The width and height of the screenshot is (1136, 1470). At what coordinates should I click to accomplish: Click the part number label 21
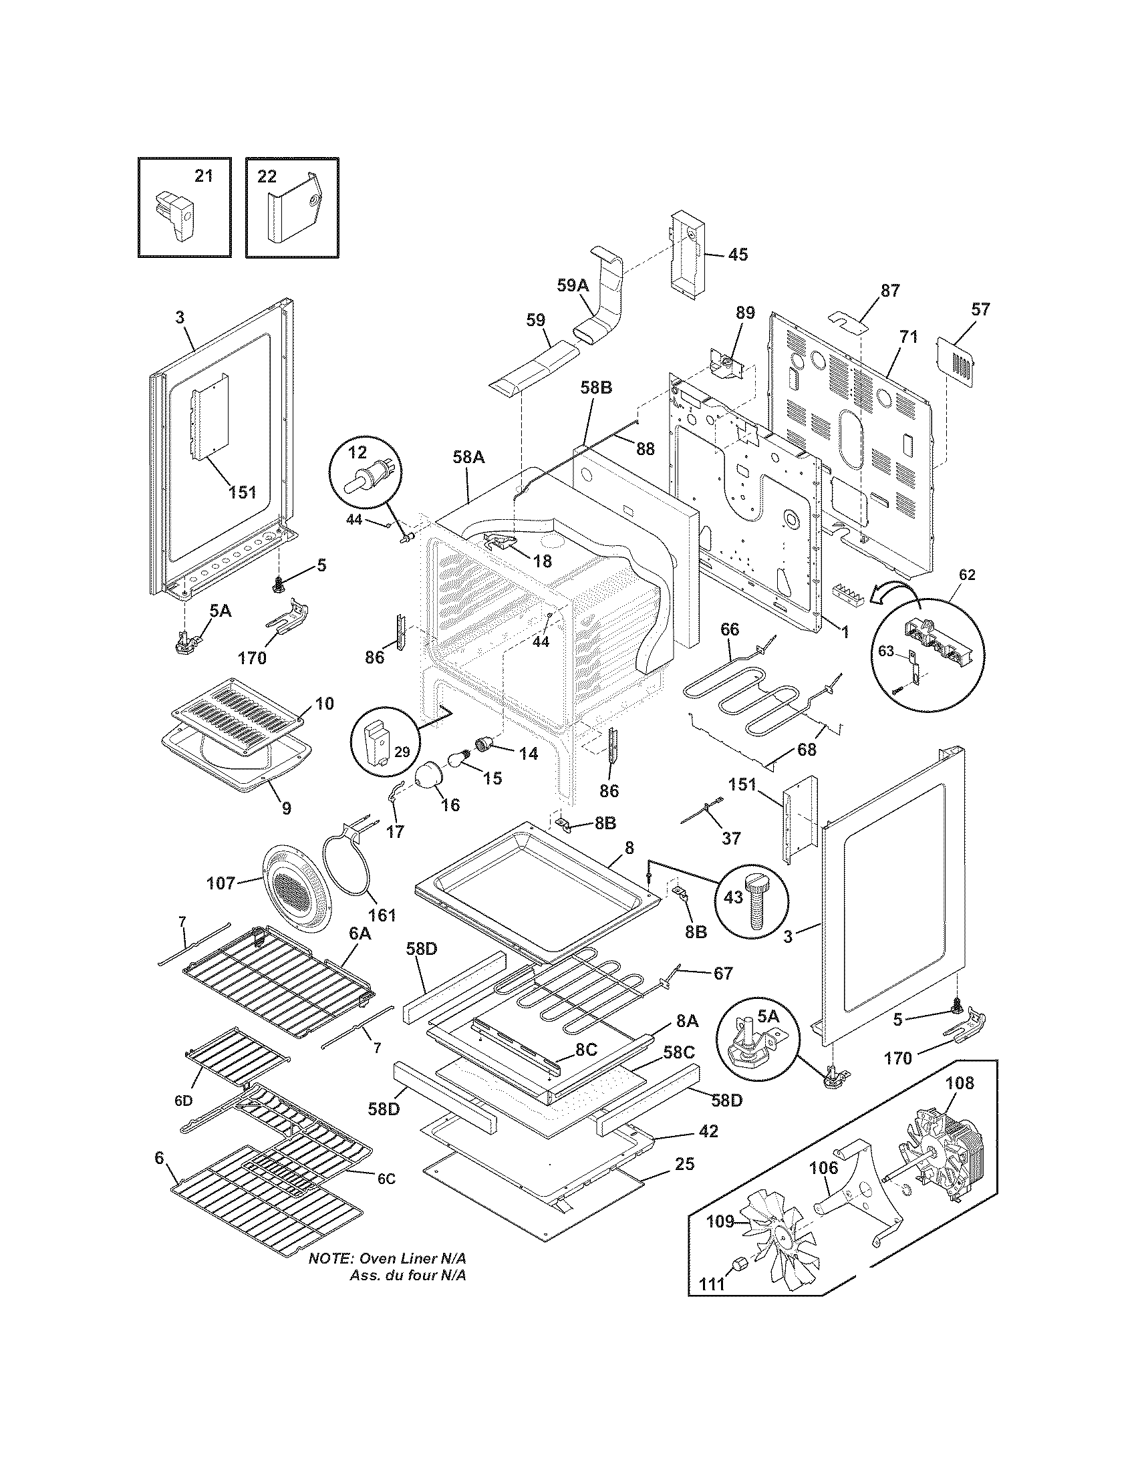tap(203, 176)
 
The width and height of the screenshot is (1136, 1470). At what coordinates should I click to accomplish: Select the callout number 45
tap(738, 255)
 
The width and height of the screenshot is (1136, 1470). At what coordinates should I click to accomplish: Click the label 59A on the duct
tap(573, 285)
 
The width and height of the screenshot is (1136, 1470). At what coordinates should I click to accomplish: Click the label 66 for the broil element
tap(730, 629)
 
